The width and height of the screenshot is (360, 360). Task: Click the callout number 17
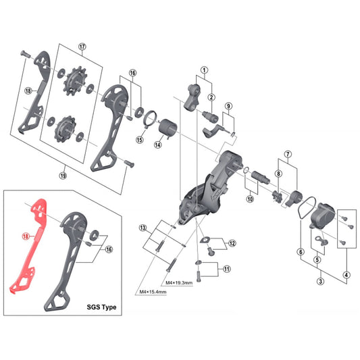[x=83, y=47]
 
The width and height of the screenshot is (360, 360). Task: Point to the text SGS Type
[x=101, y=307]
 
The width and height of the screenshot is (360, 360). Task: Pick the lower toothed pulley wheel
[x=66, y=128]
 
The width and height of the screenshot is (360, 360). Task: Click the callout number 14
[x=157, y=143]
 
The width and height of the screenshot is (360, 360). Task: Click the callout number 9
[x=229, y=106]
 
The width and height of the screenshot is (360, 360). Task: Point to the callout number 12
[x=232, y=243]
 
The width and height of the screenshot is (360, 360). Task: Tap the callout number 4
[x=346, y=274]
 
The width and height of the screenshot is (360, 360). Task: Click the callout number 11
[x=227, y=269]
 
